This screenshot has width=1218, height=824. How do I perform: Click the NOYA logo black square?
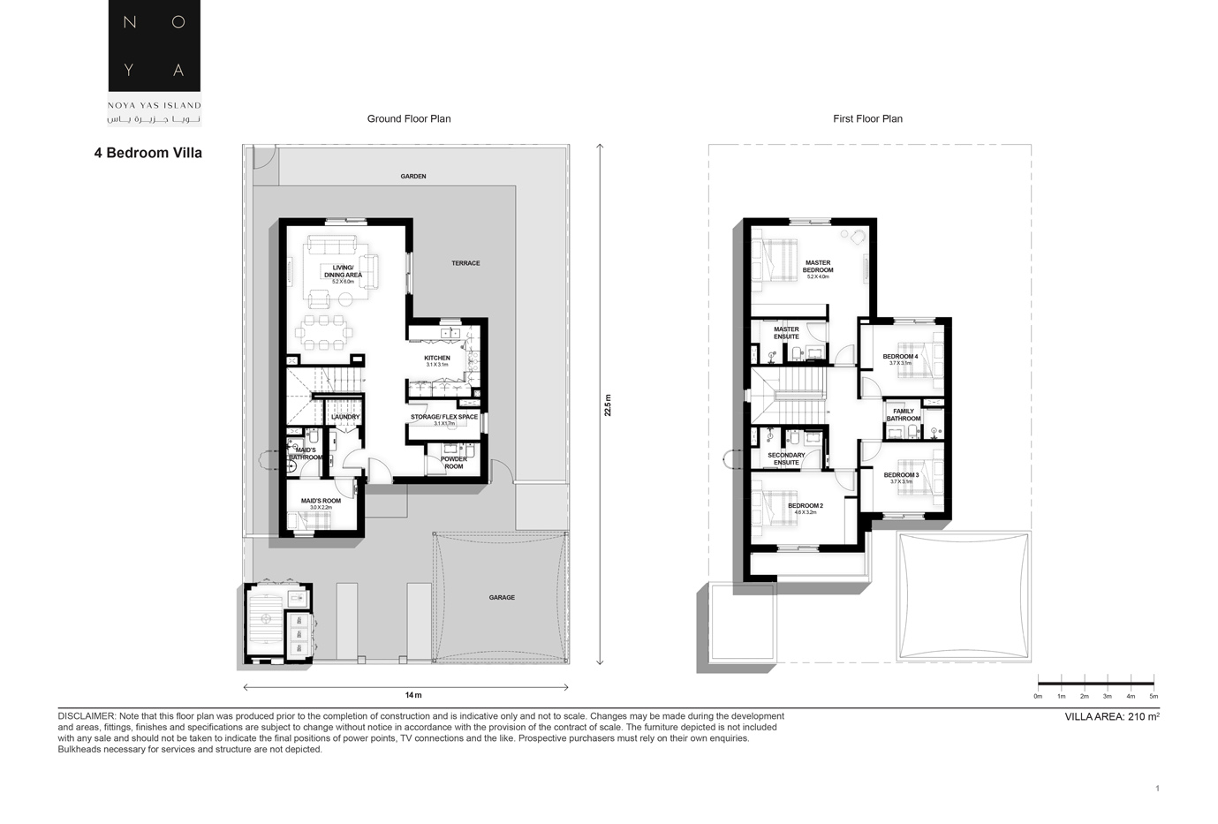(x=154, y=45)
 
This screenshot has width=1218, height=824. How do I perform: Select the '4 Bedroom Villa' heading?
(x=148, y=153)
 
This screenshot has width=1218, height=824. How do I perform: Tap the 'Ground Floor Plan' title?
(x=409, y=119)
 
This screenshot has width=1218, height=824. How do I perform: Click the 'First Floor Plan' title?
(x=867, y=119)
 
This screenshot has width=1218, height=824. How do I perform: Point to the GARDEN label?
(x=413, y=177)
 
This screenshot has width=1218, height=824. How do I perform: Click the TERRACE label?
(x=465, y=263)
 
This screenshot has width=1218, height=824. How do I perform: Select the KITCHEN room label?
(x=437, y=359)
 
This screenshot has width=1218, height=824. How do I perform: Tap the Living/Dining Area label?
(x=343, y=272)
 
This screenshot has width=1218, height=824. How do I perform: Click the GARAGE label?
(x=502, y=598)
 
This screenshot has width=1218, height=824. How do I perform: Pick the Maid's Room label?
(x=321, y=502)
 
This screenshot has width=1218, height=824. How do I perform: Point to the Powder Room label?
(x=454, y=463)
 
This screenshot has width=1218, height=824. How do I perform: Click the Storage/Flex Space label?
(x=444, y=418)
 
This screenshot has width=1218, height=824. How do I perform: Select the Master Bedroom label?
(x=818, y=267)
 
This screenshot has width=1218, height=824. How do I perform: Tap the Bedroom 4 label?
(x=900, y=357)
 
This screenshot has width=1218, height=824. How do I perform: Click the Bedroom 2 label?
(x=806, y=506)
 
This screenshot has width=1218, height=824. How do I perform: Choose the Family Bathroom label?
(x=904, y=415)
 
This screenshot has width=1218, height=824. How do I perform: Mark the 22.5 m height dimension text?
(x=608, y=405)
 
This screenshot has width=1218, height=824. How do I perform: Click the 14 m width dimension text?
(x=413, y=696)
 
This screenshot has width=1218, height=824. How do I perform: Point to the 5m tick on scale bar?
(x=1154, y=696)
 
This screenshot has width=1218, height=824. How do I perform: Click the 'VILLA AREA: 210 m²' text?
(x=1112, y=717)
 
